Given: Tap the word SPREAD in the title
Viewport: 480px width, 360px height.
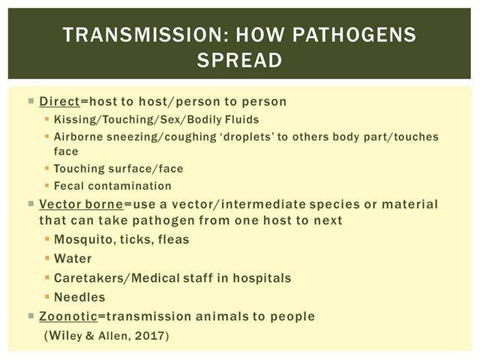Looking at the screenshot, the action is (x=239, y=60).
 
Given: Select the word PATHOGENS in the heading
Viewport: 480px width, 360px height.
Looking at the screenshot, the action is (x=354, y=34).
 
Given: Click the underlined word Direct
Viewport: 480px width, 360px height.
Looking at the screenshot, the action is (x=60, y=101).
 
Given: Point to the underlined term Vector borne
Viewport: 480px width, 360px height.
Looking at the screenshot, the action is (x=82, y=204).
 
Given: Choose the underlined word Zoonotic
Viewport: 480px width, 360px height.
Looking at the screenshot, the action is (x=68, y=316).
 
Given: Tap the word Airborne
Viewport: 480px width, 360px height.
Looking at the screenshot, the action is (x=78, y=136).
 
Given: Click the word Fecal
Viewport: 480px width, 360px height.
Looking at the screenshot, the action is (x=69, y=186).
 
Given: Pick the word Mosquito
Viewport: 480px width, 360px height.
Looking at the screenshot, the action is (x=83, y=240).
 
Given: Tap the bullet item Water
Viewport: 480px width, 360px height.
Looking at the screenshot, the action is (x=73, y=259).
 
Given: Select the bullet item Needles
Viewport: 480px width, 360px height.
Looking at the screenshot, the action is (x=79, y=297).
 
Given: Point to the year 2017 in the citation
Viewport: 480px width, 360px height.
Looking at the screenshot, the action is (x=150, y=336).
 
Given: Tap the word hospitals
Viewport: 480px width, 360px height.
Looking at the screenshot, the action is (x=262, y=278).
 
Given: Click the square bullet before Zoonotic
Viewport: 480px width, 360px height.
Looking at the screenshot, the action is (x=31, y=315).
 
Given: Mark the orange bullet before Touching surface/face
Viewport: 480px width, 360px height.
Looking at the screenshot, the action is (x=46, y=168).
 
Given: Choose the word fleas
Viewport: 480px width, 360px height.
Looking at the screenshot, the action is (x=173, y=240).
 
